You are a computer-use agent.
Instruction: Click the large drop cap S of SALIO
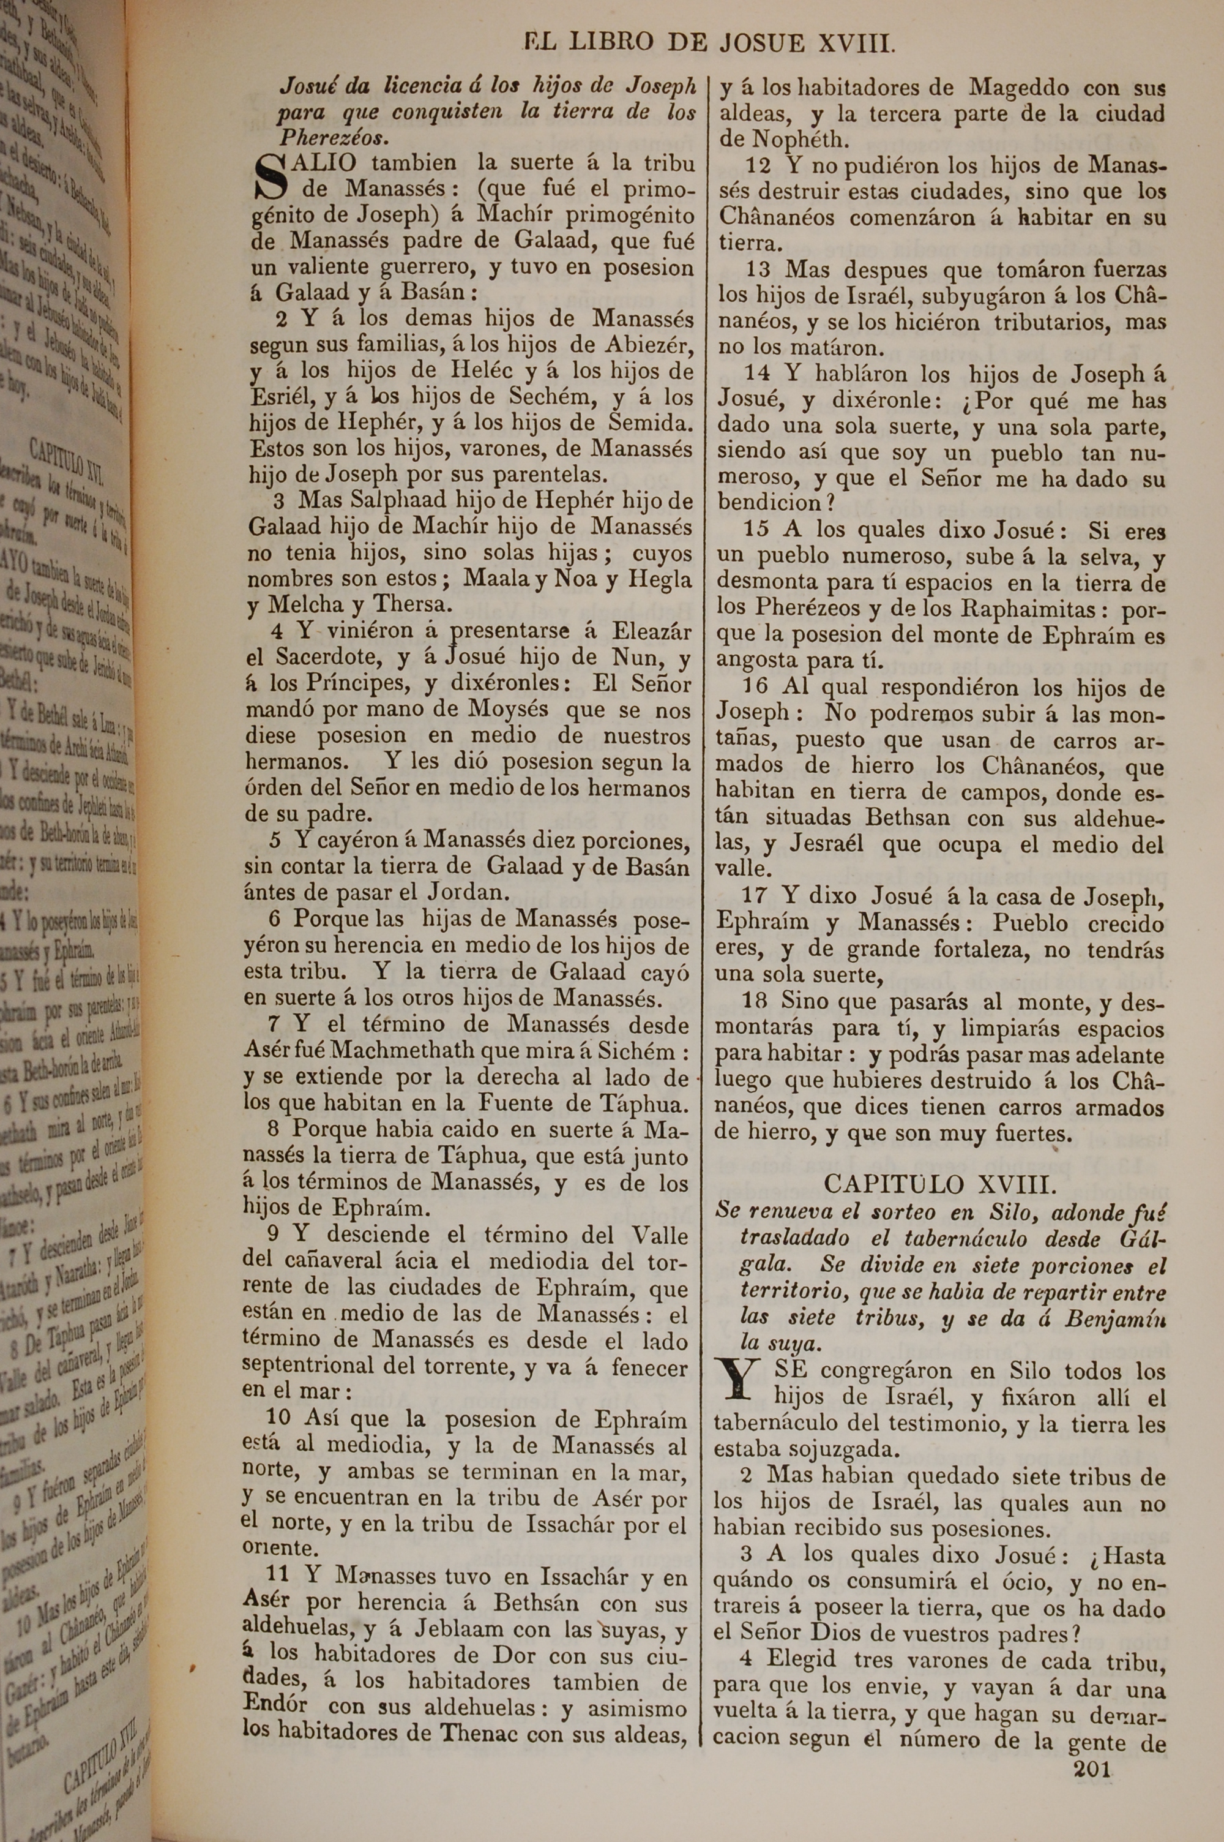[x=270, y=177]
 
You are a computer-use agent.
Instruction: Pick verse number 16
[x=757, y=688]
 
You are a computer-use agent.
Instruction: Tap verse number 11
[x=278, y=1577]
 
